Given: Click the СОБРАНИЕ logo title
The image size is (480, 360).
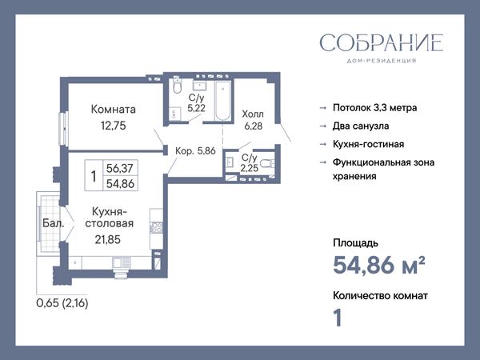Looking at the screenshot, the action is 381,42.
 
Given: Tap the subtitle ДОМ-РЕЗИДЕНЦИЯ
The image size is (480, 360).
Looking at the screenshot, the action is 382,61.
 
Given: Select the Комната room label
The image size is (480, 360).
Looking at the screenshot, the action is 114,110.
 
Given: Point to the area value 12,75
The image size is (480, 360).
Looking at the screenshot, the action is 114,126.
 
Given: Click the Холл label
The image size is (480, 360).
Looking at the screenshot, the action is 253,114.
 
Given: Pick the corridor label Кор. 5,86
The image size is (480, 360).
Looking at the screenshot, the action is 195,150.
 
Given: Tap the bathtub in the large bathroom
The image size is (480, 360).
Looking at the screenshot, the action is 223,100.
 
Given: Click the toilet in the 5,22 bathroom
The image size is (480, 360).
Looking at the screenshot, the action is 178,84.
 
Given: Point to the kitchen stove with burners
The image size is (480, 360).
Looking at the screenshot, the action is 156,228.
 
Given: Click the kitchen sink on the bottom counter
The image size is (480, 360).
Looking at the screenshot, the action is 122,262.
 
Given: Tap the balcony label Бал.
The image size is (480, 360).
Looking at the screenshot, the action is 54,223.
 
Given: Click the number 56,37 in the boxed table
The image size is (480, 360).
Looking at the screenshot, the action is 120,168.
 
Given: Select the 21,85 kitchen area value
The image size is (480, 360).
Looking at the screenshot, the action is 108,239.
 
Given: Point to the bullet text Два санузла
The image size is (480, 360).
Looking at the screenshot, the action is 361,126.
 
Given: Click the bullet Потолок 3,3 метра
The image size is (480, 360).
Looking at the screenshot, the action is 374,108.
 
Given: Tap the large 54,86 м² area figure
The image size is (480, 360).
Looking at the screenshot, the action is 379,264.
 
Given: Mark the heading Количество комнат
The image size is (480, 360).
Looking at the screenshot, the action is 380,296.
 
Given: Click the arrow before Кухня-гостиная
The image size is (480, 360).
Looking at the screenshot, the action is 323,144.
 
